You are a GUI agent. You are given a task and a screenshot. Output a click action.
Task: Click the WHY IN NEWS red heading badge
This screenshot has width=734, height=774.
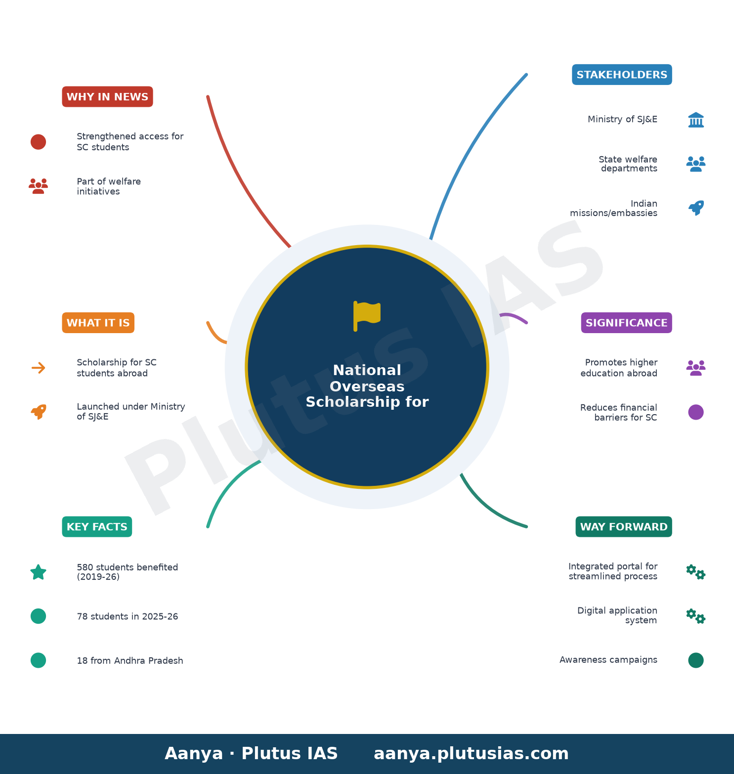[107, 97]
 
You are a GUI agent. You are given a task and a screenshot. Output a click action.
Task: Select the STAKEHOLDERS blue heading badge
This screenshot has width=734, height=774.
[622, 75]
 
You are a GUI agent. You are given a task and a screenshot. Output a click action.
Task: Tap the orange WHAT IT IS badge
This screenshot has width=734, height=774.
[98, 323]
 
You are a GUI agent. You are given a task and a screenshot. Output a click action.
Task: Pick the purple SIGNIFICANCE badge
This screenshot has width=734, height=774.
[626, 323]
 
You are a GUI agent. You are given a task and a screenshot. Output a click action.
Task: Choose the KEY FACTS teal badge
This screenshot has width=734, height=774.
[97, 527]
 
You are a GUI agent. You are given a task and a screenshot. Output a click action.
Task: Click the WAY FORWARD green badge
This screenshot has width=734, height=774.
[624, 527]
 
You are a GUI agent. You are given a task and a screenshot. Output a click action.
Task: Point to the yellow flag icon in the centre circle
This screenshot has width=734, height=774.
[367, 316]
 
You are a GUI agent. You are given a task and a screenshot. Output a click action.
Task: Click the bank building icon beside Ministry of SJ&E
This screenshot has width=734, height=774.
[696, 120]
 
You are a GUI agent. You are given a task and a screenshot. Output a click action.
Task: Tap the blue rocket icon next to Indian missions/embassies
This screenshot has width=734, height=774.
[696, 208]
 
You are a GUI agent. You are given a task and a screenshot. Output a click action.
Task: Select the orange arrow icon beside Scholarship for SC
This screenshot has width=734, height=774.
[38, 368]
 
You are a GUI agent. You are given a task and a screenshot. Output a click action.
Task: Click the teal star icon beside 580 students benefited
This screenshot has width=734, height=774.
[38, 572]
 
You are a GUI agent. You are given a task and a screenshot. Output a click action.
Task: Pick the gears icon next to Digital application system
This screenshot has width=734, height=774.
[696, 616]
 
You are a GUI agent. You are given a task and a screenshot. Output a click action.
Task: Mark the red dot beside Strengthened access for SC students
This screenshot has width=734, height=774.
[38, 142]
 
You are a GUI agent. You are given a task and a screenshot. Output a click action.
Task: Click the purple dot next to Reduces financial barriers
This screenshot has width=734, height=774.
[696, 412]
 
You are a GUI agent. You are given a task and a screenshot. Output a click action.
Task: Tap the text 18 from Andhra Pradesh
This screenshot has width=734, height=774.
[130, 661]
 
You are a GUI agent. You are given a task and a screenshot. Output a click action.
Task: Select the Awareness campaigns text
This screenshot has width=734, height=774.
[608, 660]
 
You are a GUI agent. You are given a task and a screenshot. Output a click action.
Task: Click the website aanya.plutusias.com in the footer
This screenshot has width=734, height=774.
[471, 754]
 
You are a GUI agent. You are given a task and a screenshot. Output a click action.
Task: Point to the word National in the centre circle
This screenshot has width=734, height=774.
[367, 370]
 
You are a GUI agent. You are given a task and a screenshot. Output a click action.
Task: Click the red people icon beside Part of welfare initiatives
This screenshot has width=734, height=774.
[38, 186]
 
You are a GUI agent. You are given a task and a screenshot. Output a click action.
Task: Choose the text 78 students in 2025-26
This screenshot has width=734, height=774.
[128, 616]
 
